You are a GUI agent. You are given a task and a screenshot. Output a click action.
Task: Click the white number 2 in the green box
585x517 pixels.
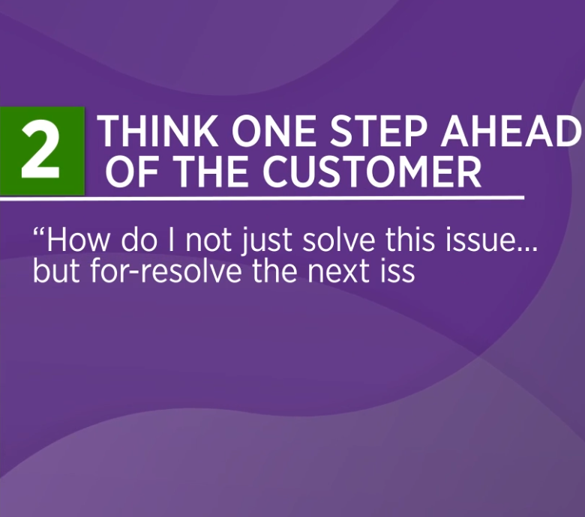(x=40, y=151)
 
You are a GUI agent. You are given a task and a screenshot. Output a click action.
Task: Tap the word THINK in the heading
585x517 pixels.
(x=157, y=131)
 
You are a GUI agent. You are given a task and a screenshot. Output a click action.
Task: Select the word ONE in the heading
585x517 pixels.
(x=274, y=131)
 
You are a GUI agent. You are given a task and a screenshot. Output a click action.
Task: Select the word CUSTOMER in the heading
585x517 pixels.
(x=371, y=172)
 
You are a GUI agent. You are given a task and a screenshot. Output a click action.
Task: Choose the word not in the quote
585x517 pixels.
(x=208, y=241)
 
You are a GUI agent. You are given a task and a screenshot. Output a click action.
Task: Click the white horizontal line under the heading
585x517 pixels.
(x=262, y=198)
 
